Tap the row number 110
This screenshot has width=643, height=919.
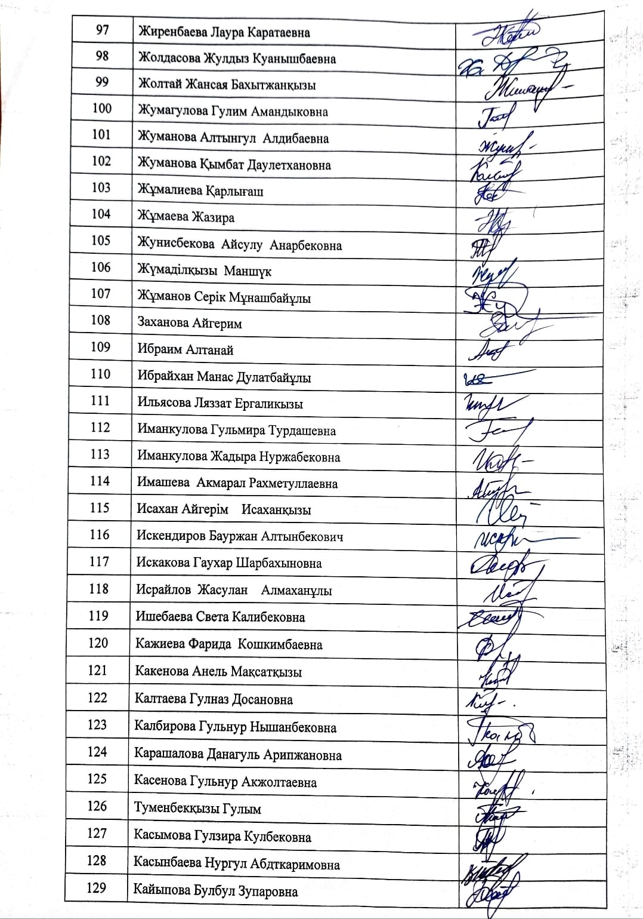click(101, 374)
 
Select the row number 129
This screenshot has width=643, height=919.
click(97, 887)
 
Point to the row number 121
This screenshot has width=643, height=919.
click(98, 670)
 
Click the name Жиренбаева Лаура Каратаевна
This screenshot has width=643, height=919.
click(224, 32)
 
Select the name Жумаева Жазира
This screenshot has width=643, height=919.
click(186, 217)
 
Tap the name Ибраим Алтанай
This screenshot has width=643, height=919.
click(185, 350)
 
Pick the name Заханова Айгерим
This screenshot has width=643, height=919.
click(189, 324)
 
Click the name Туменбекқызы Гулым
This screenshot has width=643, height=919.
click(198, 809)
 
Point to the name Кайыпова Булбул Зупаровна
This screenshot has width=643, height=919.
click(215, 892)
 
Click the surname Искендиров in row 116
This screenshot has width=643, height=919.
click(171, 536)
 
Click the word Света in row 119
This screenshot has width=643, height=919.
click(212, 617)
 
